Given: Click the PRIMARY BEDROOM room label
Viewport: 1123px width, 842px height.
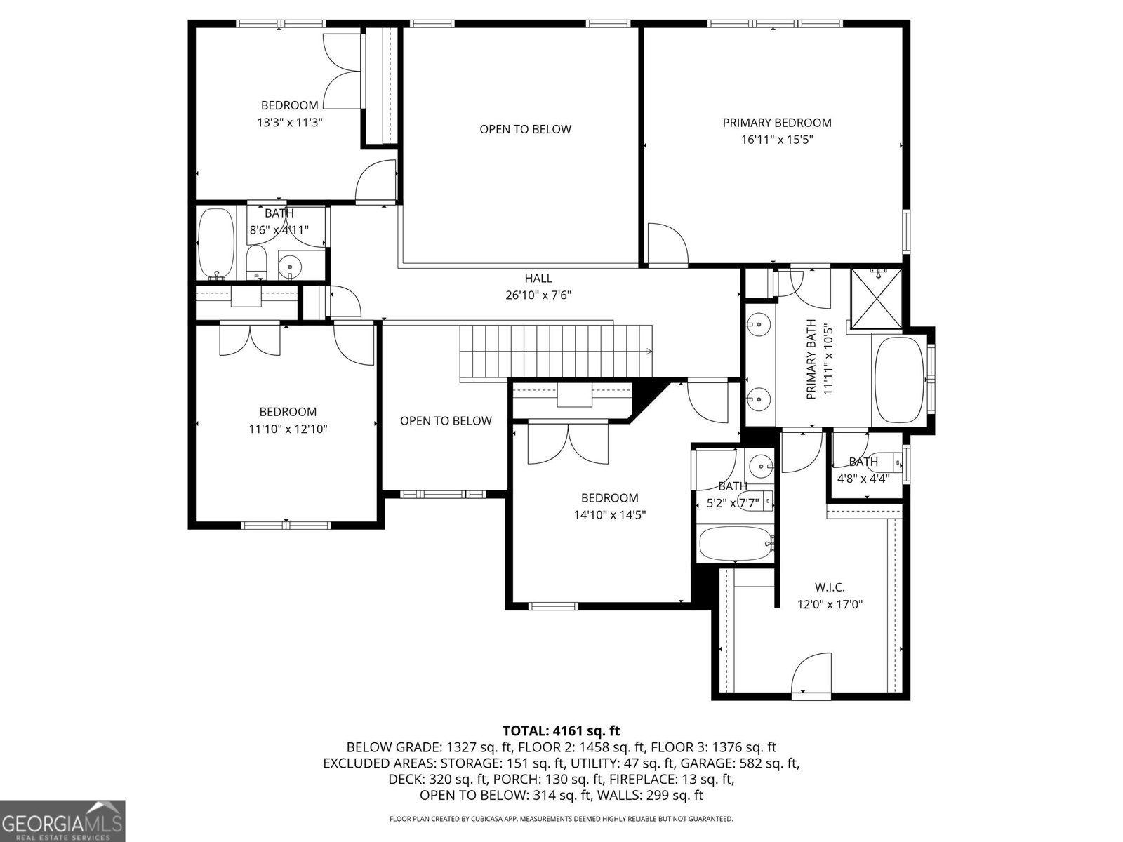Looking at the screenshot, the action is coord(777,123).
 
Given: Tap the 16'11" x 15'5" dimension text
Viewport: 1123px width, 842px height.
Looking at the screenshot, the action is coord(777,140).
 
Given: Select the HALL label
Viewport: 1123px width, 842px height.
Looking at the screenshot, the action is coord(538,278).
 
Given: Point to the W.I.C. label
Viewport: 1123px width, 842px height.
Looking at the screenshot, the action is coord(830,587).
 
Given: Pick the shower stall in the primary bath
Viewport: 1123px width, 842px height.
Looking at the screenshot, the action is coord(877,299).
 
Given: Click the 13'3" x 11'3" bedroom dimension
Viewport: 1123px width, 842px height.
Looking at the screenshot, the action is coord(290,122).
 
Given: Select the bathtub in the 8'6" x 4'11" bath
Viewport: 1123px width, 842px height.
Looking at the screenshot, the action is coord(216,242).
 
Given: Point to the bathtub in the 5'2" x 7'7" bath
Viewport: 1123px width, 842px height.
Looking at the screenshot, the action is coord(736,544).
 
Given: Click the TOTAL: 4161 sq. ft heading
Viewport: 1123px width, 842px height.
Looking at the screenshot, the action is coord(561,730).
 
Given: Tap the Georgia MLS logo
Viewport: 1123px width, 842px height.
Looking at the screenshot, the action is coord(62,820).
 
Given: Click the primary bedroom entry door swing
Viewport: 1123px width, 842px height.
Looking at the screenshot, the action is coord(667,243).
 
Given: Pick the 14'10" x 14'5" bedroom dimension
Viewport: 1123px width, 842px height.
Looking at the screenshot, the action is coord(610,515).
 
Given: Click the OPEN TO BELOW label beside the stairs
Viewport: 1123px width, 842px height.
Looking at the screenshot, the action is coord(446,421).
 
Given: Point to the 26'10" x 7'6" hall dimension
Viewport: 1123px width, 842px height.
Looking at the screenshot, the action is coord(538,295).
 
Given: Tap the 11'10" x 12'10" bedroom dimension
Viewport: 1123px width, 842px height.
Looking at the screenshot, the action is coord(288,429).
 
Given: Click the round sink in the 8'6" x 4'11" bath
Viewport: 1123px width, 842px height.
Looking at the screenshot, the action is coord(291,266).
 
